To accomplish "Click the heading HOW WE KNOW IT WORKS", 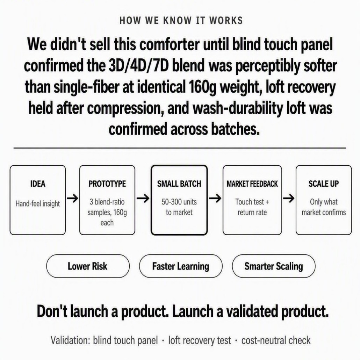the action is [181, 20].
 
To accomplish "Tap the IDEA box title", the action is [38, 184].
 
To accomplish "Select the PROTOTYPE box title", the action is [107, 184].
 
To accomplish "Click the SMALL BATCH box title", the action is [179, 184].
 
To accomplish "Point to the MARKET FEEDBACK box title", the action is [252, 184].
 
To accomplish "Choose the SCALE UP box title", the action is [324, 184].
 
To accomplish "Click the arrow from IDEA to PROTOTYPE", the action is [72, 199].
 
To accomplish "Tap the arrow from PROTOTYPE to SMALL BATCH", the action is [143, 199].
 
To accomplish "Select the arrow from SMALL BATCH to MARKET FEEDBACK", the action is [215, 199].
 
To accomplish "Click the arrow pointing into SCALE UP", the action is [289, 199].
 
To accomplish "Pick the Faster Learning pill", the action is [181, 266].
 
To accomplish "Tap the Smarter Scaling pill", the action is [273, 266].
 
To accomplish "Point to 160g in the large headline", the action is [202, 88].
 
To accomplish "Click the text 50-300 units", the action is [179, 202].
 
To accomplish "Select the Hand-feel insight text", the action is [38, 204].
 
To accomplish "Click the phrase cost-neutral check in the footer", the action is [276, 340].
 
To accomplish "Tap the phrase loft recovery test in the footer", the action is [200, 340].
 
